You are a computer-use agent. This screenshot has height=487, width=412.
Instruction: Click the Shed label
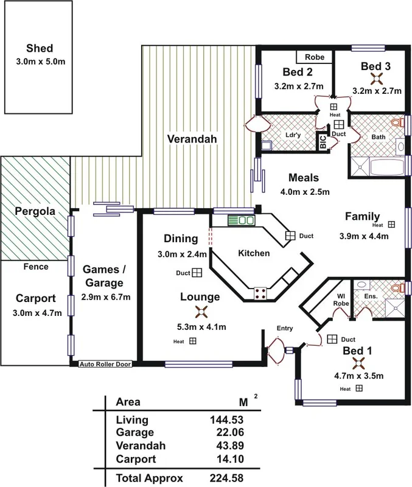40,49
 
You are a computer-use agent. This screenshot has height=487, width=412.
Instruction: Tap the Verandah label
192,139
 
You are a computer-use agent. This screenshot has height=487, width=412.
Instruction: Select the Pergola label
34,212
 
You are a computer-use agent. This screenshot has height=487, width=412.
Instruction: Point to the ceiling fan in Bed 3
377,78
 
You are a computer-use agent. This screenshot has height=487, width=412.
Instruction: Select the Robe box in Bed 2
315,57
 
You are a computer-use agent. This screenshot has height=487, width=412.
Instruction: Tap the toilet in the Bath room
398,124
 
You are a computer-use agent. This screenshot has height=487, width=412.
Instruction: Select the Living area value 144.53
243,420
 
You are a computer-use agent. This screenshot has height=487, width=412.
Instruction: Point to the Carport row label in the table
136,459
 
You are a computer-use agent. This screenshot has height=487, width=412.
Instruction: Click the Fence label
35,267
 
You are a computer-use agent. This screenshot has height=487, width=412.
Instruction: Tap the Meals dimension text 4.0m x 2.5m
304,192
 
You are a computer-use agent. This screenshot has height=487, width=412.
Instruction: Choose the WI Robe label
341,300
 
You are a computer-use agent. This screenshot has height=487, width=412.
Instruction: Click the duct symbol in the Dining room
197,273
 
